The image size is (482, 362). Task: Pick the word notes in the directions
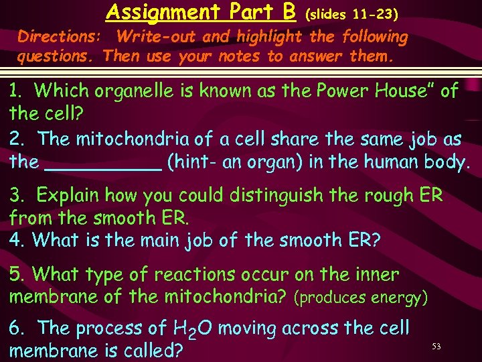(x=239, y=56)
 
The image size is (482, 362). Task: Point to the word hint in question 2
(x=190, y=162)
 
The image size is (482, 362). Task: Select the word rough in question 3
(x=386, y=196)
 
